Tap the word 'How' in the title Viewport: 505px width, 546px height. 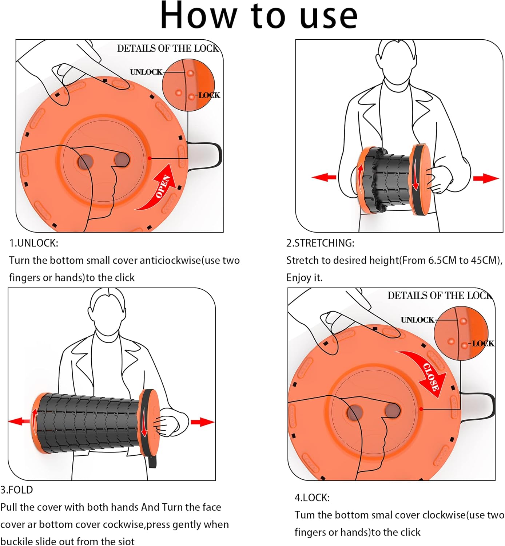[x=198, y=16]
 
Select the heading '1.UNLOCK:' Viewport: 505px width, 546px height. [x=33, y=243]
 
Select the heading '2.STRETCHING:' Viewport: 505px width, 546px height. [x=320, y=243]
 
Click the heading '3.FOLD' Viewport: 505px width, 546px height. [x=16, y=490]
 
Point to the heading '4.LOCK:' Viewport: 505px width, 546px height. [x=312, y=498]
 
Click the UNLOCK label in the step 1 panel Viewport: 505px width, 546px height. [x=146, y=72]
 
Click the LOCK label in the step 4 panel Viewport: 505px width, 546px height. [x=483, y=343]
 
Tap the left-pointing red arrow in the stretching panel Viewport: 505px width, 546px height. [x=324, y=177]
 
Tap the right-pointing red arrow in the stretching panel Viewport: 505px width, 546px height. [x=485, y=178]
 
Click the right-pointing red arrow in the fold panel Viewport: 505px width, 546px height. [x=202, y=422]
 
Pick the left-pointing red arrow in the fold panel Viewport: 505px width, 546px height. [x=19, y=422]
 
